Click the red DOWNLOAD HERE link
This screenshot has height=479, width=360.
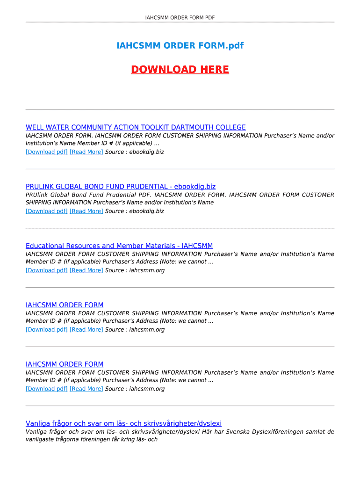(180, 70)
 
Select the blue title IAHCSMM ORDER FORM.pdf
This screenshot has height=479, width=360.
(180, 46)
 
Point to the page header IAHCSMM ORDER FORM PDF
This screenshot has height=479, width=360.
(180, 18)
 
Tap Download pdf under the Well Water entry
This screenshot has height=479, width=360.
(47, 152)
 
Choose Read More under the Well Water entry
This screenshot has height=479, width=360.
(86, 152)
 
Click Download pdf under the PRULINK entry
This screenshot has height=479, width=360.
(47, 211)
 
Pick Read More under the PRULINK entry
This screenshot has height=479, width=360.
(86, 211)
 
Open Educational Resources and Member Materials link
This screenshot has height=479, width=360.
(119, 246)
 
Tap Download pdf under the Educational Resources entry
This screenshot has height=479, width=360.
(47, 270)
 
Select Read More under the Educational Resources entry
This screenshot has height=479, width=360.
(86, 270)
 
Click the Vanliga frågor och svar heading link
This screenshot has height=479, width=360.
(123, 423)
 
